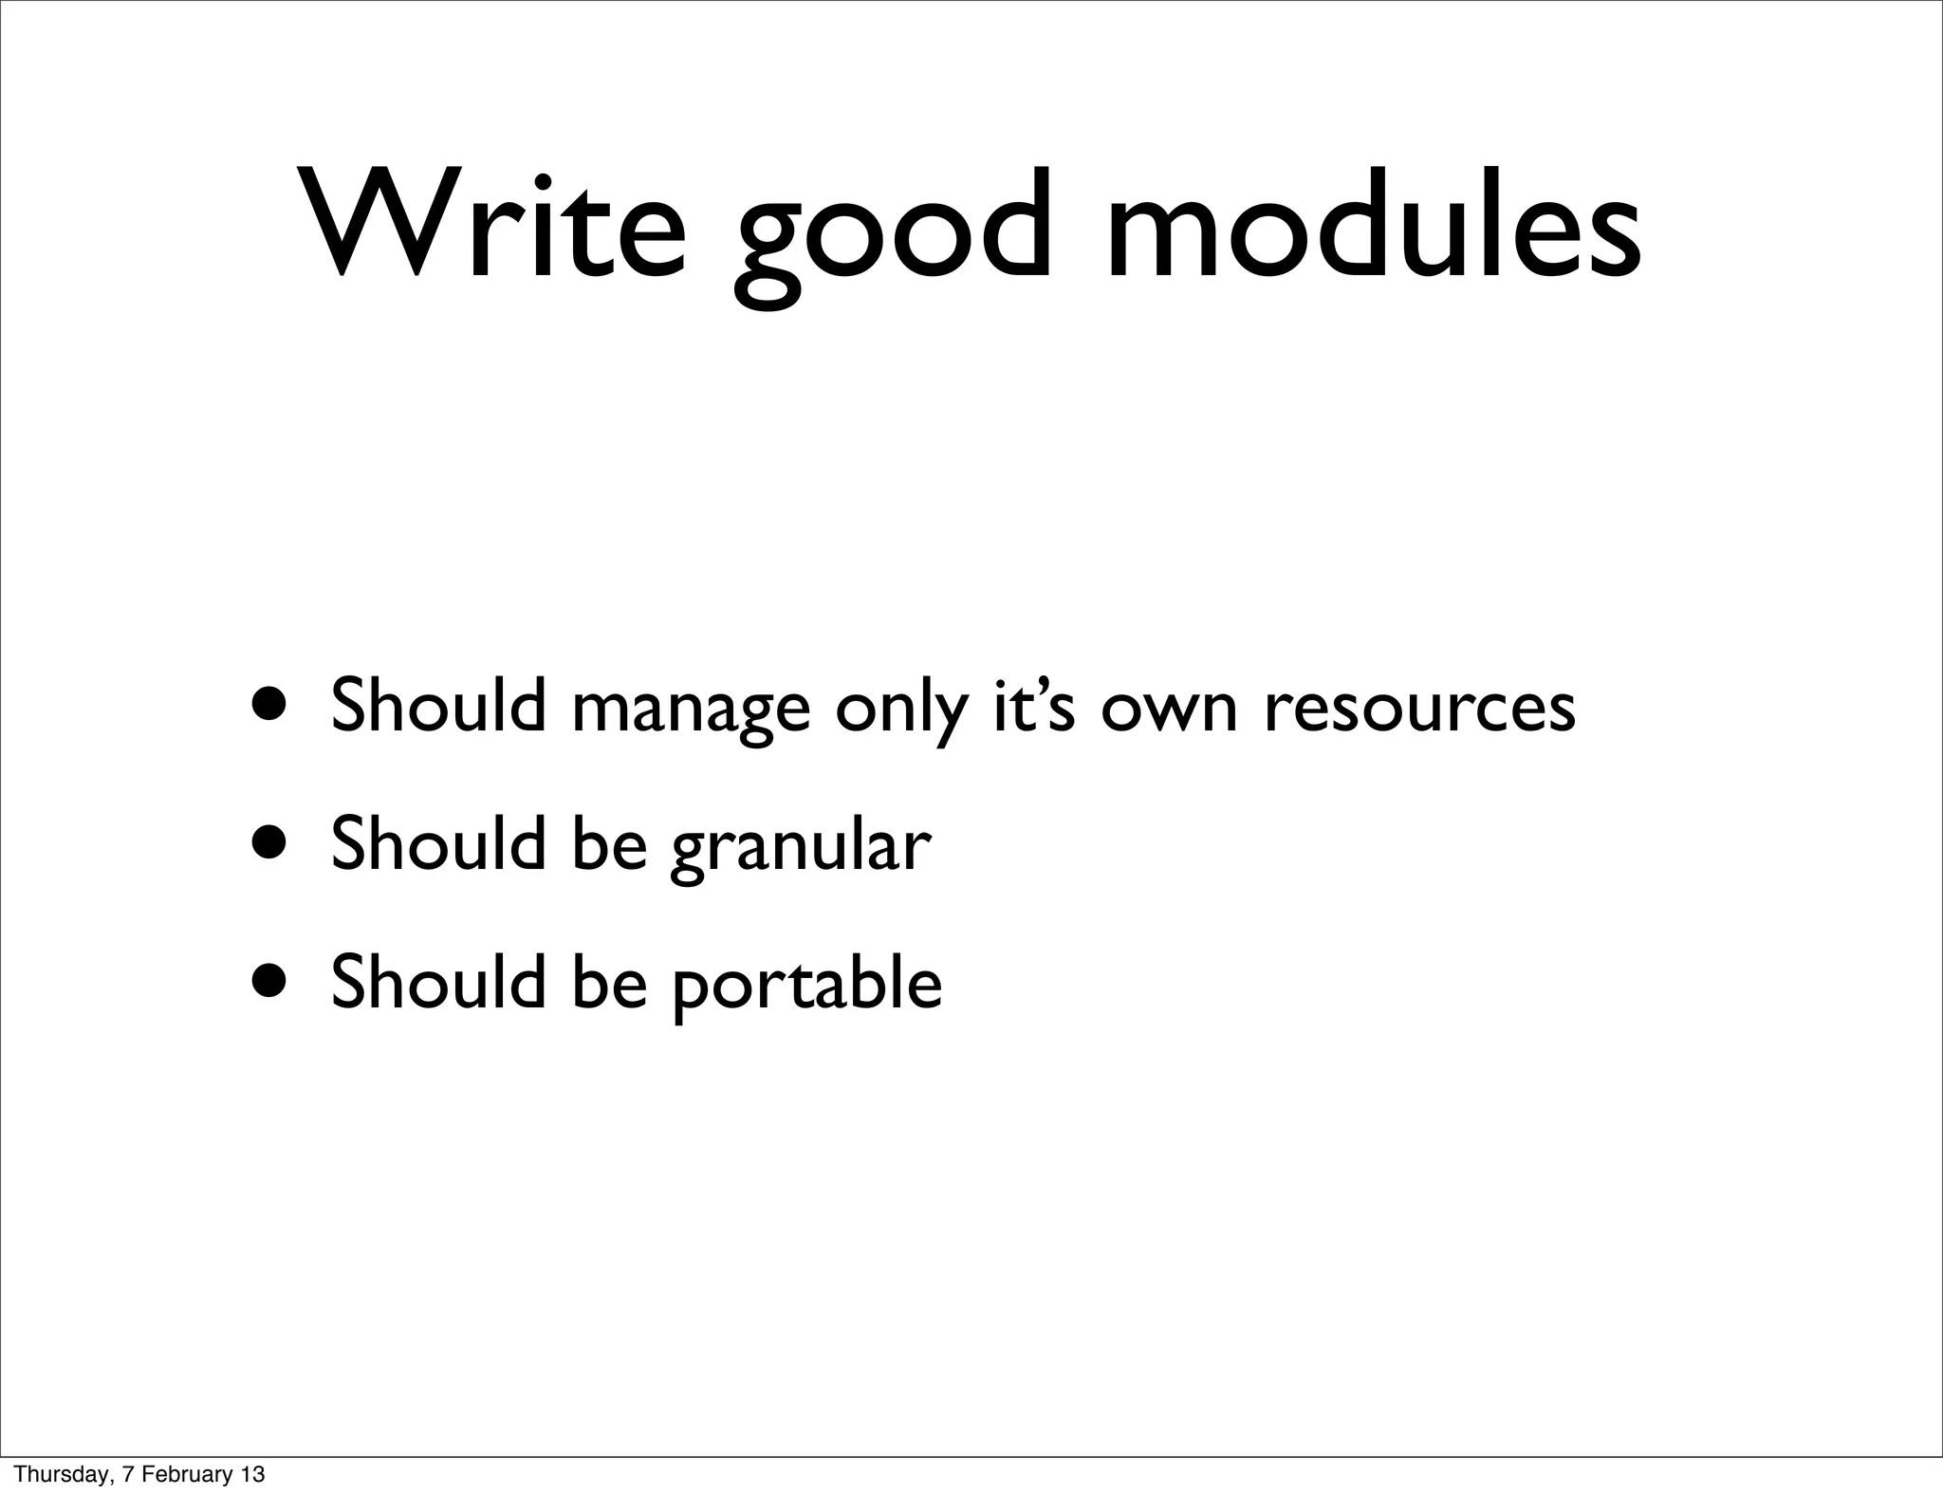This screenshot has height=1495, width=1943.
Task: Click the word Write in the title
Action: (x=493, y=225)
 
